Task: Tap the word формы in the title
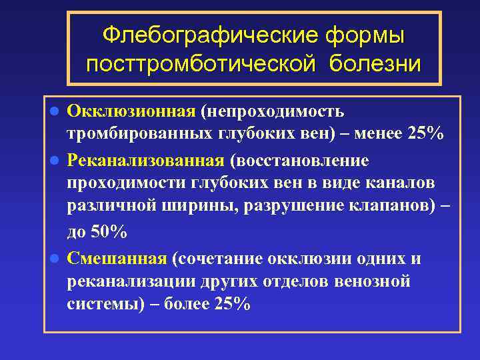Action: (366, 34)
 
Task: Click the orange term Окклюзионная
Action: (131, 109)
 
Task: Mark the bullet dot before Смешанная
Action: (55, 259)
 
